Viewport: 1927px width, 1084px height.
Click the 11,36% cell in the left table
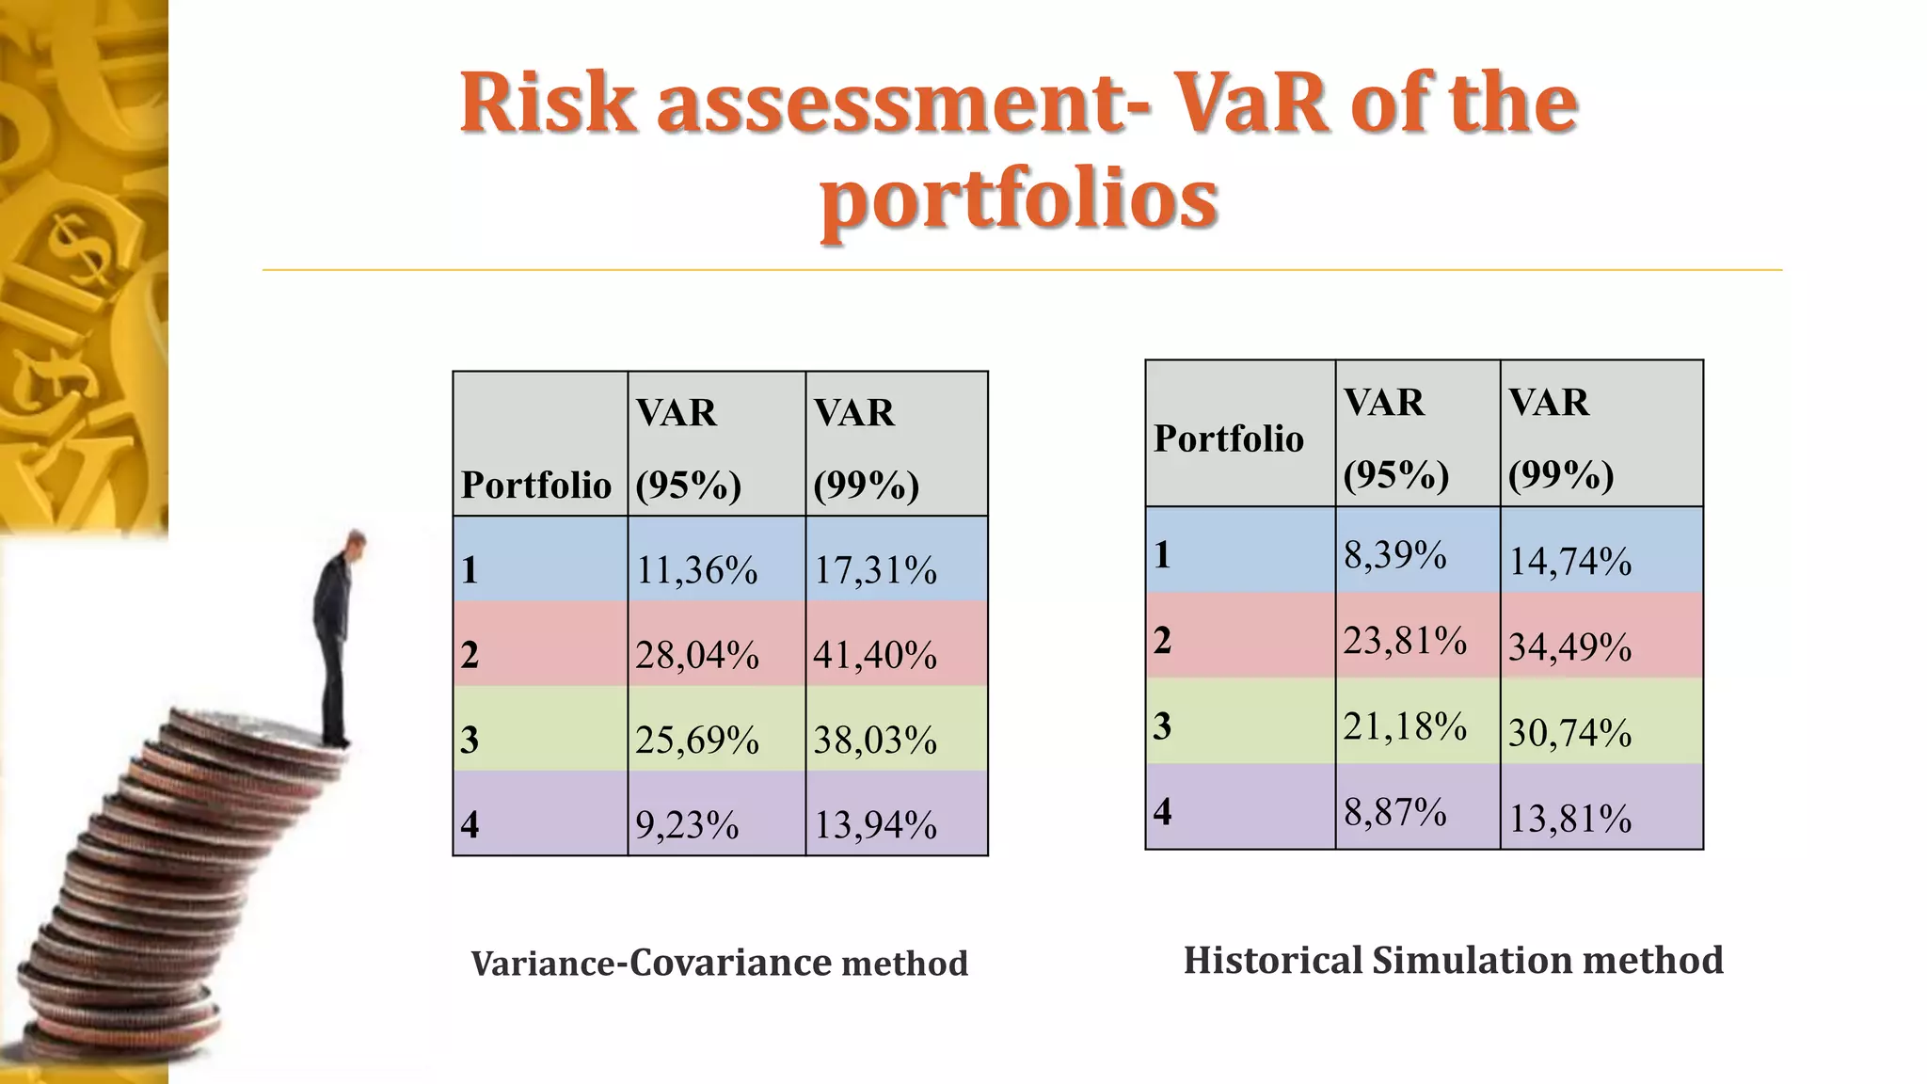tap(697, 570)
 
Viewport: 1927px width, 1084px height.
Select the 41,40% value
tap(875, 654)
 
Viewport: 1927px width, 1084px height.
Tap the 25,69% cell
tap(697, 740)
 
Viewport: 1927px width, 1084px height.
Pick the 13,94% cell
tap(875, 824)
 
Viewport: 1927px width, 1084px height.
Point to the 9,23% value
tap(687, 824)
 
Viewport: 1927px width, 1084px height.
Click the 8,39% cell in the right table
tap(1395, 554)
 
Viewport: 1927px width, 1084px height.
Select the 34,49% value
tap(1570, 646)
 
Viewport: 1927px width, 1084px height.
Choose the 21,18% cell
tap(1405, 725)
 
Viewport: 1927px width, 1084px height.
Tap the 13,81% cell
tap(1570, 818)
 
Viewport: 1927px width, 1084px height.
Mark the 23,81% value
tap(1405, 640)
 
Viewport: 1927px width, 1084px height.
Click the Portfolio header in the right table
tap(1229, 438)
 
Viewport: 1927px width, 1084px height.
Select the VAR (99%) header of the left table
tap(866, 448)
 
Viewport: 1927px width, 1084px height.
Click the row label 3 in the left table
tap(470, 740)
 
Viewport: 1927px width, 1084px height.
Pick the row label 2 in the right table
tap(1163, 640)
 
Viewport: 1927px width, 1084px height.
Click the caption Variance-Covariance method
tap(719, 963)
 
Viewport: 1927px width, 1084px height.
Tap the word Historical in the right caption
tap(1271, 960)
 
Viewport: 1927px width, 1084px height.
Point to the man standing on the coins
tap(336, 640)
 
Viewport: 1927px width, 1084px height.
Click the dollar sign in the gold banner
tap(79, 249)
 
